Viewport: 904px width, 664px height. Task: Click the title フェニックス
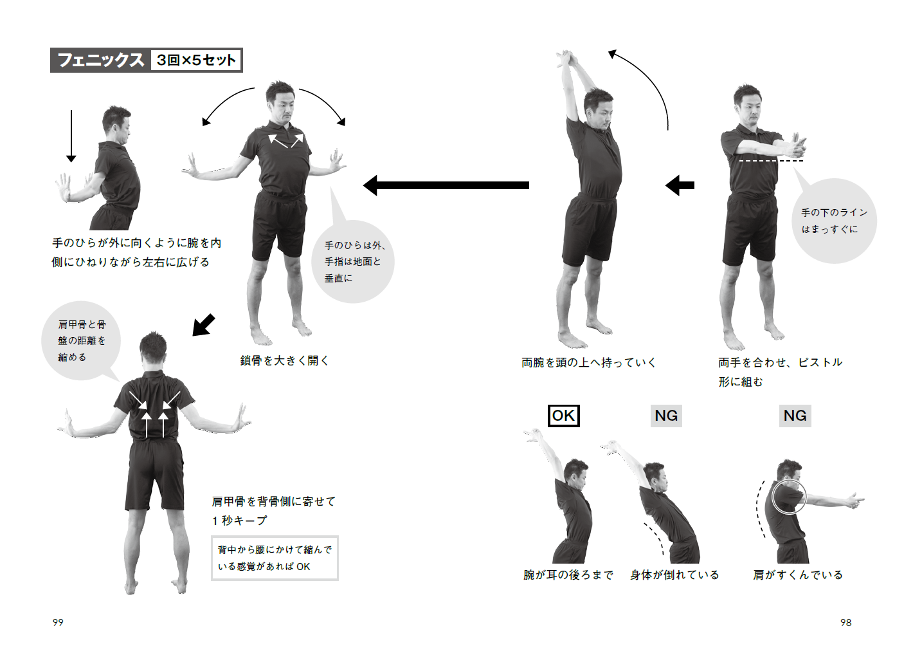(x=100, y=60)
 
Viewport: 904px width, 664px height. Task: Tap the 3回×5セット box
(x=195, y=60)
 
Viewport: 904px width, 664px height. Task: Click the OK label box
(x=563, y=416)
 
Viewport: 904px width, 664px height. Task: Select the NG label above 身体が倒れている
(x=666, y=416)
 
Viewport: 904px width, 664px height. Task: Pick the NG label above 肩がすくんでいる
(x=795, y=416)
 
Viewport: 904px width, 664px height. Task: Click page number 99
(x=58, y=622)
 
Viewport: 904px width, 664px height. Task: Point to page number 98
(x=846, y=622)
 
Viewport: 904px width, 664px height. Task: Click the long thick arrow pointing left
(x=446, y=185)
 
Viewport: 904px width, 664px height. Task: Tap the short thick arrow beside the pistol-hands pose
(x=680, y=185)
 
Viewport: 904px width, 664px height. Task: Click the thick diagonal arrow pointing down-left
(x=203, y=325)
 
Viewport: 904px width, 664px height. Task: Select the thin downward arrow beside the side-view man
(x=71, y=136)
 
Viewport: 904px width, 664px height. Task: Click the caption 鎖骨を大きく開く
(x=284, y=361)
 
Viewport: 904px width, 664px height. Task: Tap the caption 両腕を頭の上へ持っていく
(x=588, y=362)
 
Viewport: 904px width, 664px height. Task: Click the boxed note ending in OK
(x=275, y=558)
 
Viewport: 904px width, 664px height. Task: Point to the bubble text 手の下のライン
(x=834, y=212)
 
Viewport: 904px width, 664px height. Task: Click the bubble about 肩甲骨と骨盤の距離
(x=81, y=340)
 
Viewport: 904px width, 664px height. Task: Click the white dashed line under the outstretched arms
(x=771, y=161)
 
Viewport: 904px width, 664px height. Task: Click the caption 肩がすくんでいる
(x=798, y=575)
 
